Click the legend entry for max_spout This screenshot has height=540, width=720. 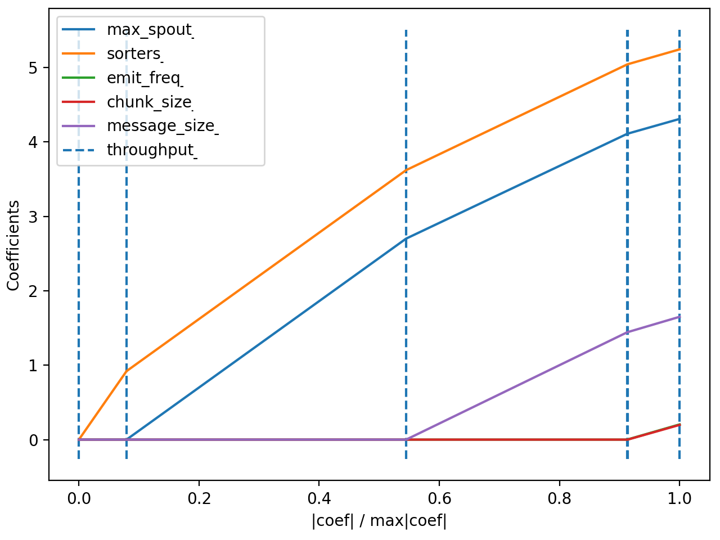[x=149, y=30]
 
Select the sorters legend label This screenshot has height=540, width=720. [x=134, y=54]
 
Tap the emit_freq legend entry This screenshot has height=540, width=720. [x=144, y=78]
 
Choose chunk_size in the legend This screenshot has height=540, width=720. [x=149, y=102]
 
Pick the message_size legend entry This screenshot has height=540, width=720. [x=161, y=126]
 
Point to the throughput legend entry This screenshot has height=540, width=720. [x=150, y=150]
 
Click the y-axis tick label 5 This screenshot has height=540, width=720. [x=34, y=68]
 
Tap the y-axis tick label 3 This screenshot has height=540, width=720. [x=34, y=217]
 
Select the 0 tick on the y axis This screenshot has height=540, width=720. [x=34, y=440]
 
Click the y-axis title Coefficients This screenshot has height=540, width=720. [x=13, y=245]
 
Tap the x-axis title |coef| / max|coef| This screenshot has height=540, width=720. [x=379, y=521]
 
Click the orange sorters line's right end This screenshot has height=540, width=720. [x=679, y=49]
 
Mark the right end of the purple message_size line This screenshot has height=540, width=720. [x=679, y=317]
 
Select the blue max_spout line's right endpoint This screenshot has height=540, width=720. [x=679, y=119]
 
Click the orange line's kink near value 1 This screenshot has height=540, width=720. [x=127, y=371]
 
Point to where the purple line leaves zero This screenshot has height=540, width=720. [x=406, y=439]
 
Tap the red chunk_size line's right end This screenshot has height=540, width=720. [x=679, y=425]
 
